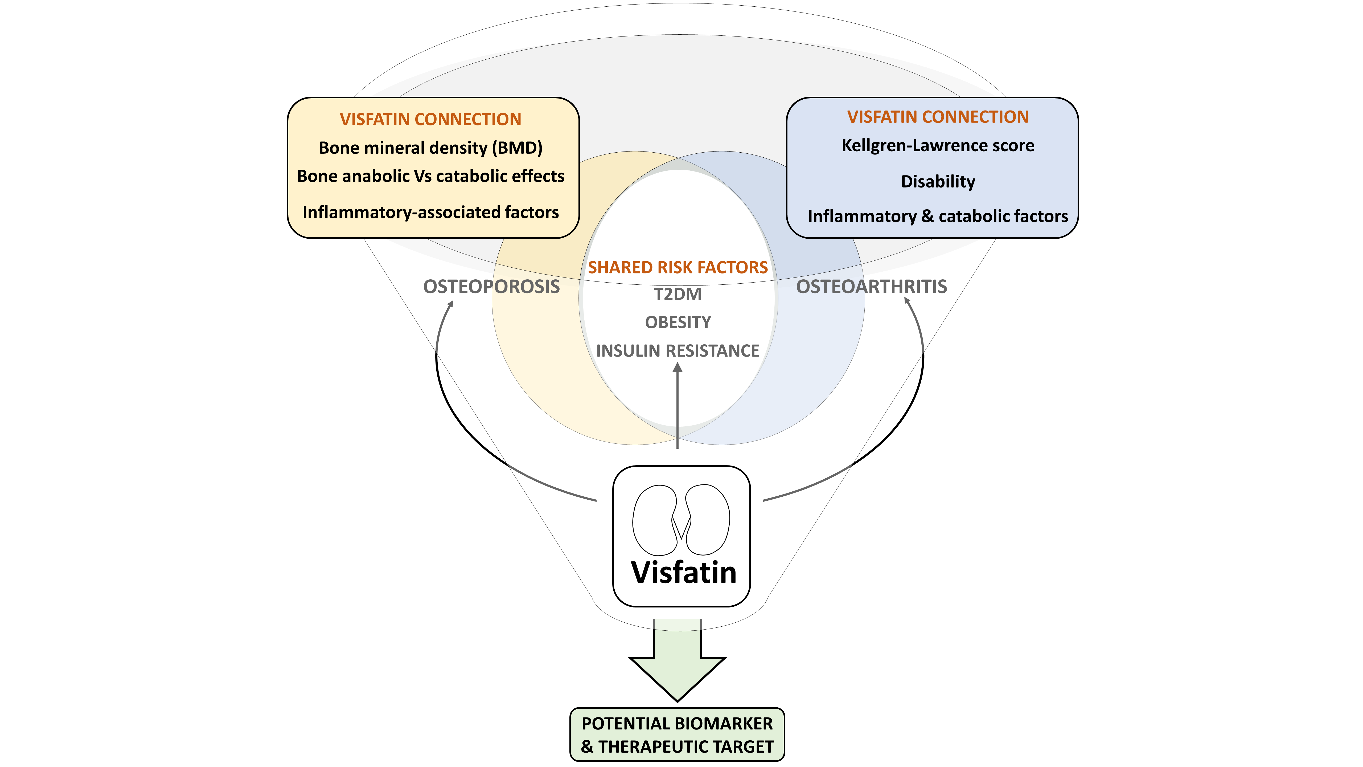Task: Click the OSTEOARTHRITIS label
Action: coord(872,286)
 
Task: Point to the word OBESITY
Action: coord(678,322)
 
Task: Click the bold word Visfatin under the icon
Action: coord(684,573)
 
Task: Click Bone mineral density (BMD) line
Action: coord(431,148)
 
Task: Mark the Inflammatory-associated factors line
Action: coord(431,212)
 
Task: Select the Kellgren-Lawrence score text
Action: coord(938,146)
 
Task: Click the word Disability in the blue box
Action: coord(938,182)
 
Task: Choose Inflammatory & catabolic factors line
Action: coord(938,217)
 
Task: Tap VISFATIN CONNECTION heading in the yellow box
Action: coord(431,119)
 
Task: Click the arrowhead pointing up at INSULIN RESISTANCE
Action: coord(677,367)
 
